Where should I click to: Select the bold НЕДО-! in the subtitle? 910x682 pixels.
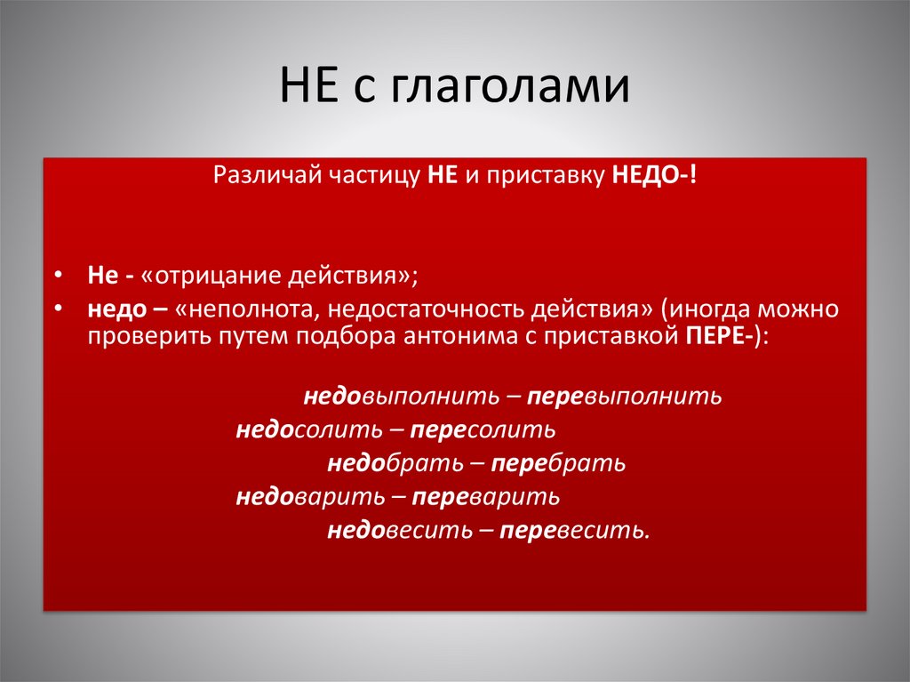[x=654, y=176]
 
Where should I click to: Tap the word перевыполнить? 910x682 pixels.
[x=623, y=397]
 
